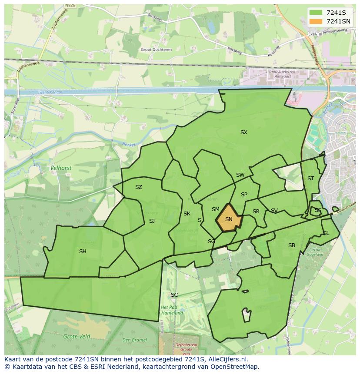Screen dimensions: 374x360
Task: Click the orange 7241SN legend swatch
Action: [x=316, y=21]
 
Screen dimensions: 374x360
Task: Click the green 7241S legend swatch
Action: [x=316, y=12]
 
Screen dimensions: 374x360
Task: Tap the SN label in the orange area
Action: [x=229, y=219]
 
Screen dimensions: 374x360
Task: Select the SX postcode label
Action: [x=243, y=132]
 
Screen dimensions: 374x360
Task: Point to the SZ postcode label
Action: [x=138, y=187]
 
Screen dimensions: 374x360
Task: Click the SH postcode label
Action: [x=83, y=252]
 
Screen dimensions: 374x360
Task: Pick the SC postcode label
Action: [x=174, y=295]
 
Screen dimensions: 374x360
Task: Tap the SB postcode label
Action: [x=291, y=245]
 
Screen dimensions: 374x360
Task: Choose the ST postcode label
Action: [x=310, y=179]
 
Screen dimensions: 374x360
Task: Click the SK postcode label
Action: [x=187, y=214]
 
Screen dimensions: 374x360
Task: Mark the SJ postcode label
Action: [x=152, y=221]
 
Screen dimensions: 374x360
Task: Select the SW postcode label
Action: [x=240, y=175]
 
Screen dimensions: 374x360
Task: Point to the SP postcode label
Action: [x=244, y=195]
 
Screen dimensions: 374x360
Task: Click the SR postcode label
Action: [x=256, y=212]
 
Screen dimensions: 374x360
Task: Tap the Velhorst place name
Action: [x=61, y=167]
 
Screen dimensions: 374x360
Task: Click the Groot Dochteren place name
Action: [x=156, y=50]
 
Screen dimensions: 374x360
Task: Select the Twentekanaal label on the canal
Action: [x=49, y=93]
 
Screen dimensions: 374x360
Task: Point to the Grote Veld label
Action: [x=77, y=336]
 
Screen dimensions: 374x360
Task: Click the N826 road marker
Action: [x=70, y=6]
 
